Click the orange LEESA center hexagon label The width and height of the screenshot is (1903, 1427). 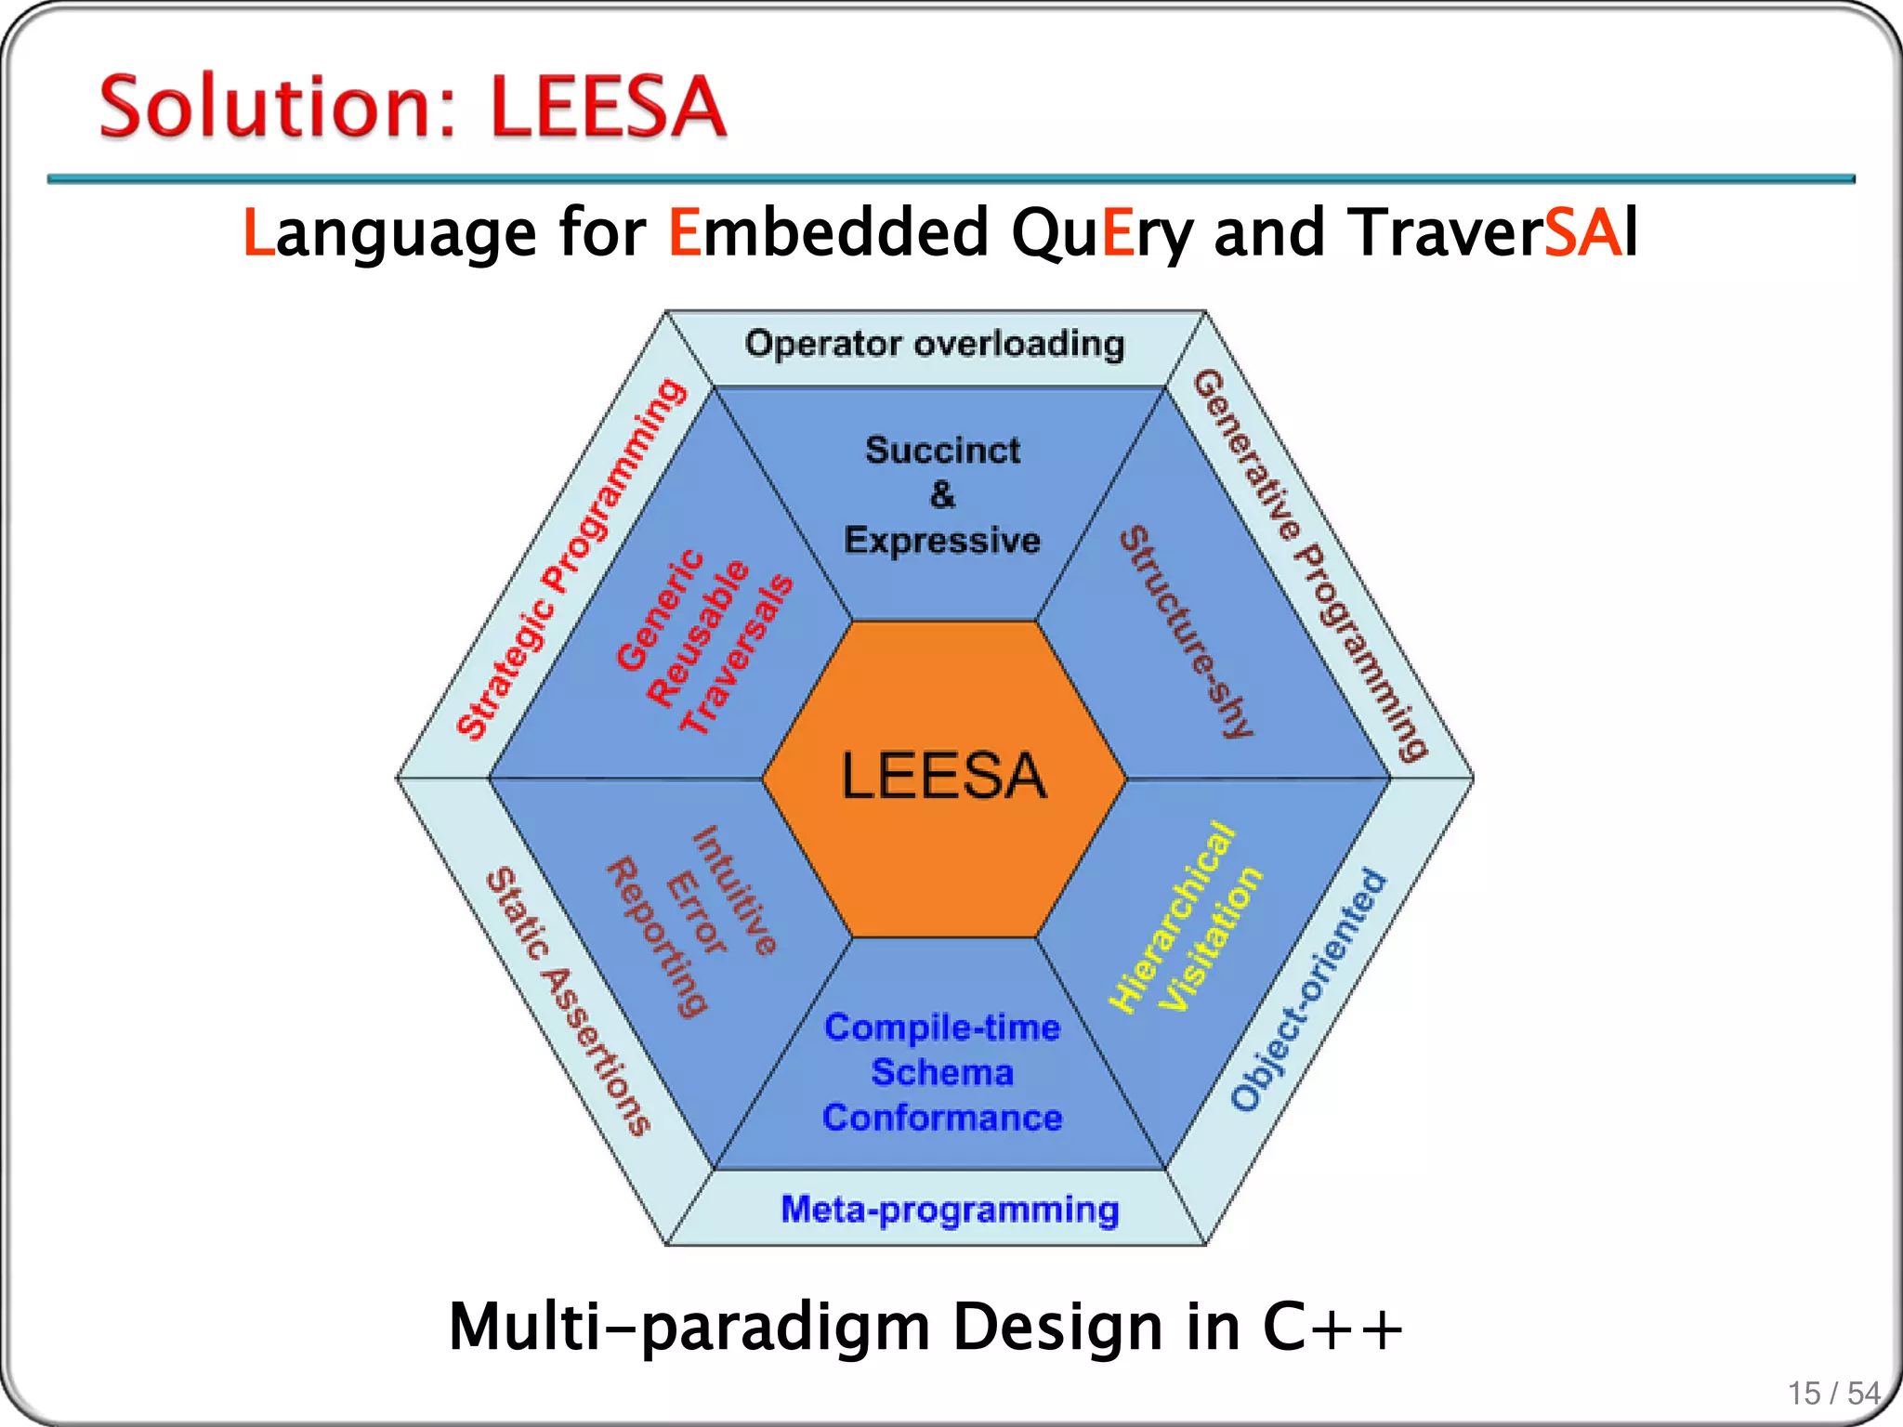click(943, 777)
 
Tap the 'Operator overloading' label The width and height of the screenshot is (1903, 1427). click(935, 345)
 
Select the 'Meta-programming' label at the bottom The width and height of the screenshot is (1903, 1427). click(950, 1210)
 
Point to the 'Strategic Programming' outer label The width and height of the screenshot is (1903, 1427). click(571, 558)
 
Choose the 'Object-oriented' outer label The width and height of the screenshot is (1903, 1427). click(1308, 990)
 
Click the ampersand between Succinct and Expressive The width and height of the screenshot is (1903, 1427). click(942, 495)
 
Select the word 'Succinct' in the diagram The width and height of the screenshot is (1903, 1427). click(942, 451)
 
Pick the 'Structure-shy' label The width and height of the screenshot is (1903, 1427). click(1187, 632)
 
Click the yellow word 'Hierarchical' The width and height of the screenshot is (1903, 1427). click(1174, 918)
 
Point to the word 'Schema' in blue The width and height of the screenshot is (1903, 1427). click(942, 1073)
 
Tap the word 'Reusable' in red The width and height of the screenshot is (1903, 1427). click(698, 634)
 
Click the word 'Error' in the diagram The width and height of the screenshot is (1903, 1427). click(697, 913)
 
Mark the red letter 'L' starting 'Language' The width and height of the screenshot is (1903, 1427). click(258, 232)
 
